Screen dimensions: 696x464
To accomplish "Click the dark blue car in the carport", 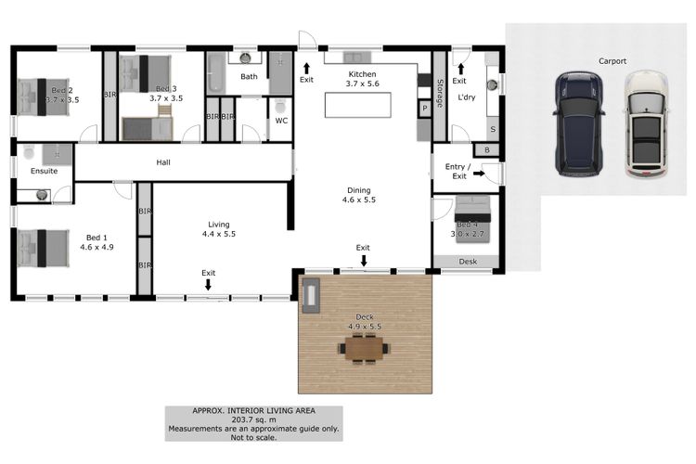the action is [579, 124].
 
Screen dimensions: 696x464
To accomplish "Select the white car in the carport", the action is [646, 124].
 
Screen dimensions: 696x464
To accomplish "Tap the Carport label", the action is [612, 61].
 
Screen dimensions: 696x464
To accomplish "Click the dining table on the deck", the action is [364, 349].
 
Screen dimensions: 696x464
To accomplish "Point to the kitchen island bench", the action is [358, 105].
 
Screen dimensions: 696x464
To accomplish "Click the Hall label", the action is [163, 162].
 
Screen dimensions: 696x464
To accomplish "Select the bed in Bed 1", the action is [43, 248].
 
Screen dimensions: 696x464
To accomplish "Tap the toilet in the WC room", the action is [280, 107].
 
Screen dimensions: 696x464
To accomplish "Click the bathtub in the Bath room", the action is [216, 73].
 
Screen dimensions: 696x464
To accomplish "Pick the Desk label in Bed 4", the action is [468, 262].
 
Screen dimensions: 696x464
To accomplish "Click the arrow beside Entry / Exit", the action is [479, 174].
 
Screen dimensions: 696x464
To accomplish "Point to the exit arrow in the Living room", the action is [208, 284].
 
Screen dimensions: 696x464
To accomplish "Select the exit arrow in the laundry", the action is [460, 69].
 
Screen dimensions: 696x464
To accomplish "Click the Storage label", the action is [440, 93].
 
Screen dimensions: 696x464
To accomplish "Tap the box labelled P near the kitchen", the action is [425, 109].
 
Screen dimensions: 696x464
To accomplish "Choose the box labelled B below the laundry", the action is [487, 150].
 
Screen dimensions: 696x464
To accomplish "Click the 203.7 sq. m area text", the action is [253, 419].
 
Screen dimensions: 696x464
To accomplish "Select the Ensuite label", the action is [44, 171].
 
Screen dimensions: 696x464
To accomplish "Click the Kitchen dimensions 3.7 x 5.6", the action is [362, 84].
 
